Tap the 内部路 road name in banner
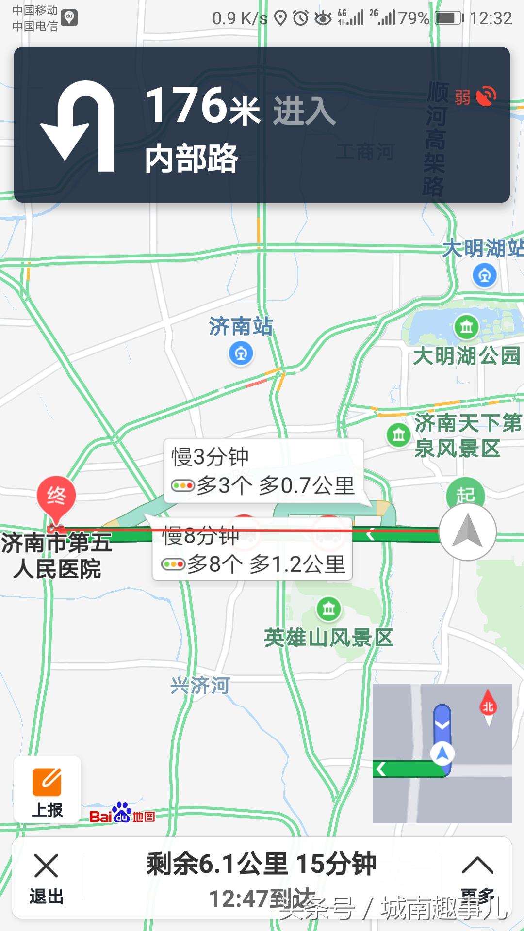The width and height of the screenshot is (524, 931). (192, 158)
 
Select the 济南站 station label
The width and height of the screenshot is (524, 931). (241, 326)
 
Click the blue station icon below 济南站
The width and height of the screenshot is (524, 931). (241, 353)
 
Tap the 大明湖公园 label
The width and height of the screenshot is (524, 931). (466, 355)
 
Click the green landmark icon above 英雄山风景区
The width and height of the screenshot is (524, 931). (329, 608)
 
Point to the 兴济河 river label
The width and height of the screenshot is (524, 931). (200, 685)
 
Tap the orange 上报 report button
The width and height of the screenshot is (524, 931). (47, 789)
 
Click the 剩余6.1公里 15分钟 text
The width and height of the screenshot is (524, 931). (262, 864)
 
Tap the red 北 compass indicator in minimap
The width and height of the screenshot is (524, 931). (488, 707)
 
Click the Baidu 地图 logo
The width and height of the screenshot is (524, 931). (122, 814)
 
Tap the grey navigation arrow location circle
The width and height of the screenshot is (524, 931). (467, 532)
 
